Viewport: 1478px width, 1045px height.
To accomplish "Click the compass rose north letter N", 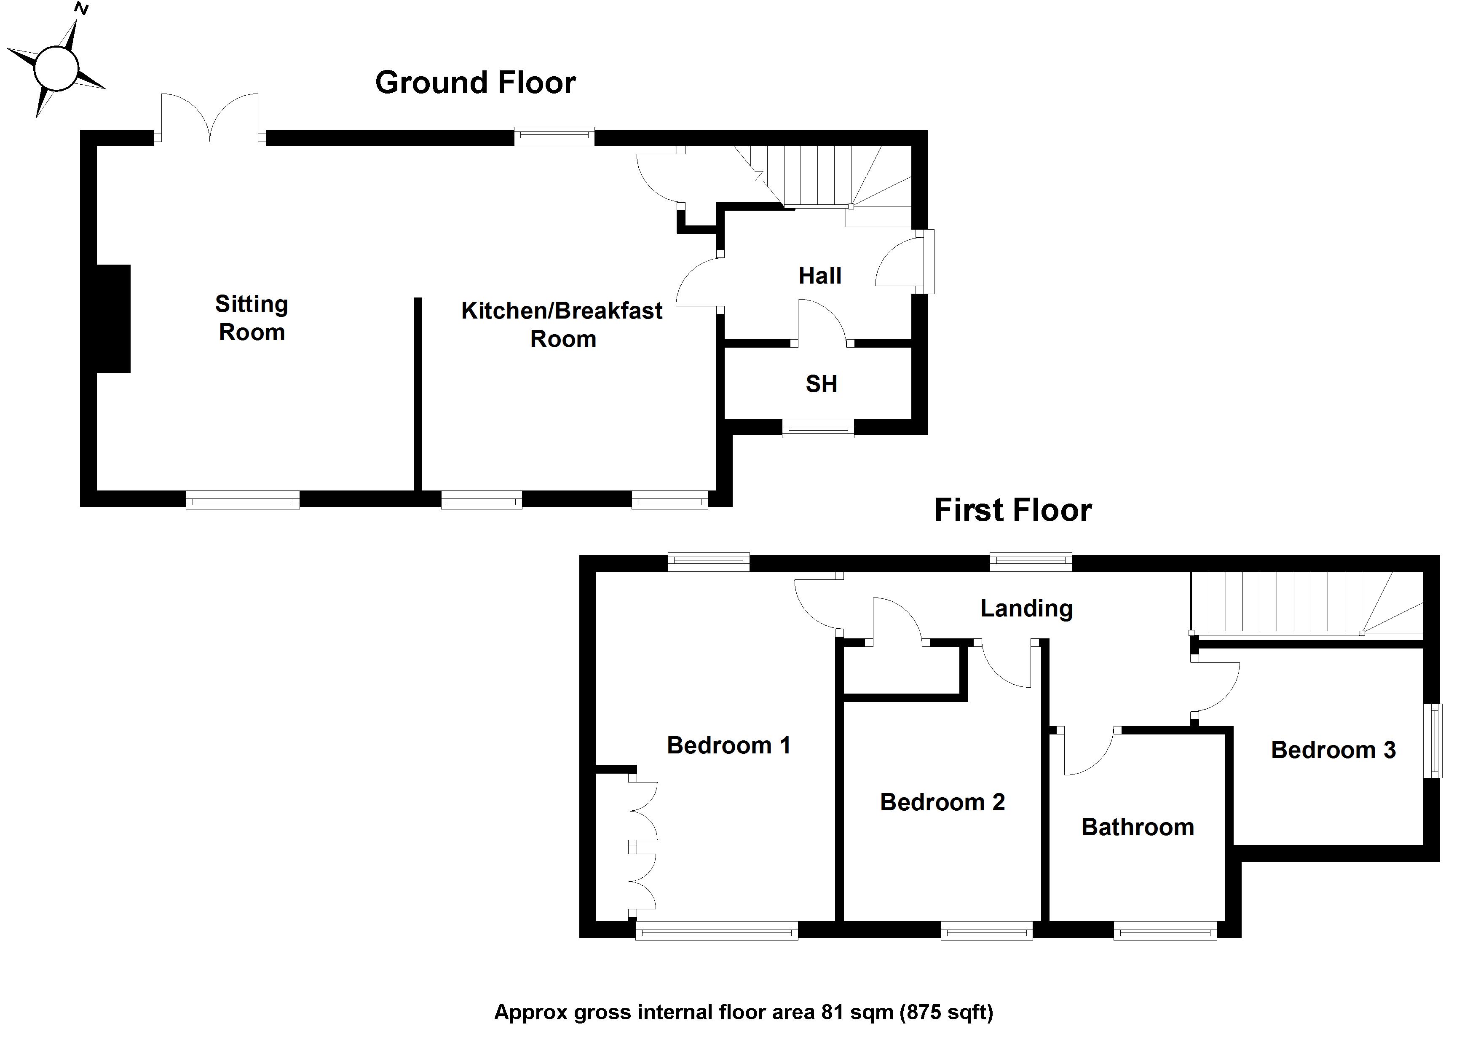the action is [82, 8].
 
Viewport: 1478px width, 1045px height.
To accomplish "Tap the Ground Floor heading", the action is [475, 83].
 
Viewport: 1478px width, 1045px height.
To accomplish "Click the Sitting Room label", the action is [252, 318].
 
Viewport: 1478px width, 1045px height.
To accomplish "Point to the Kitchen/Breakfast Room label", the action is [562, 324].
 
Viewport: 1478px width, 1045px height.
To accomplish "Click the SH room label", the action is [822, 384].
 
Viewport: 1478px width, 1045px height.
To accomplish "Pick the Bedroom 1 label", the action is [728, 745].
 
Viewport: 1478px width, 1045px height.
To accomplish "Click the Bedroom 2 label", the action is [942, 801].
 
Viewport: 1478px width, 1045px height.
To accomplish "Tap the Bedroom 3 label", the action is [1333, 750].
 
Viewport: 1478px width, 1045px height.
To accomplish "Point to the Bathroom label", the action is [1138, 827].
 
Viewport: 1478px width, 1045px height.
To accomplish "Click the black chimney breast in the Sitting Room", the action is [113, 318].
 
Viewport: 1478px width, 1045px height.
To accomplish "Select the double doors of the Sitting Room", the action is [210, 119].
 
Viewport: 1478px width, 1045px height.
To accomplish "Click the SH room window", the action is [818, 428].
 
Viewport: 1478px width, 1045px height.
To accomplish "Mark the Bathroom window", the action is [1165, 930].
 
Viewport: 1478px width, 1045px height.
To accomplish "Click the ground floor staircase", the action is [830, 177].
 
